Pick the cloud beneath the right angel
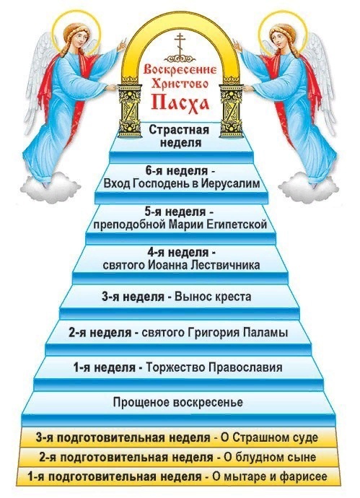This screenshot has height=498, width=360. [x=307, y=185]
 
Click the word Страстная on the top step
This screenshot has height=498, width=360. [x=179, y=130]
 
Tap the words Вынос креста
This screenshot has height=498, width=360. [x=213, y=297]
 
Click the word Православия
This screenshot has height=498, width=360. [x=245, y=368]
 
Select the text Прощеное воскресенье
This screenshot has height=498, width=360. [x=178, y=403]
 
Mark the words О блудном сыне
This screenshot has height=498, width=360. [x=270, y=458]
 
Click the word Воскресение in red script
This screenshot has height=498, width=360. [x=180, y=69]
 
